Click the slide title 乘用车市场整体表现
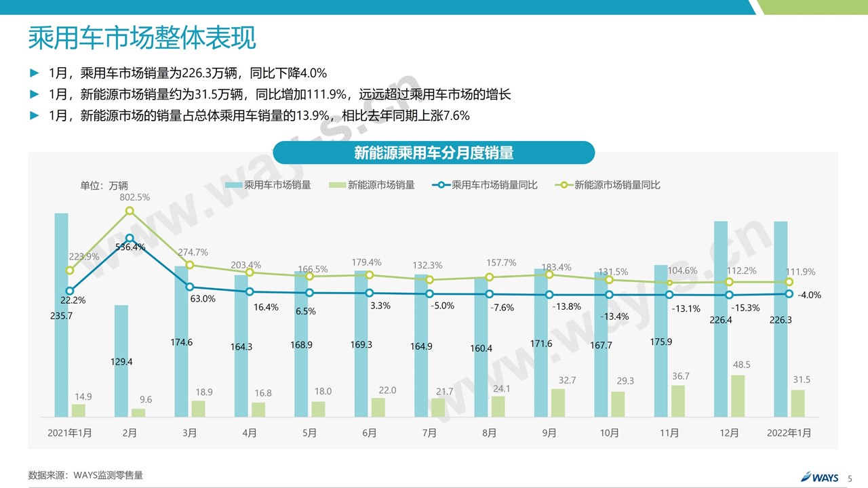tap(142, 38)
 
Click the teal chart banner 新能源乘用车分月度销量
tap(433, 152)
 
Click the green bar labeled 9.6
tap(138, 412)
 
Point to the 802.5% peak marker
tap(130, 211)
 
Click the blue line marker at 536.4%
tap(130, 238)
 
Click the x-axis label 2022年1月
tap(789, 432)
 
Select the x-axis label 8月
tap(490, 432)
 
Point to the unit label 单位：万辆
tap(104, 186)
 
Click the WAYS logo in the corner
tap(820, 477)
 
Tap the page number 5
tap(850, 478)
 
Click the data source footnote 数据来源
tap(85, 475)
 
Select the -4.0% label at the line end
tap(810, 295)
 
